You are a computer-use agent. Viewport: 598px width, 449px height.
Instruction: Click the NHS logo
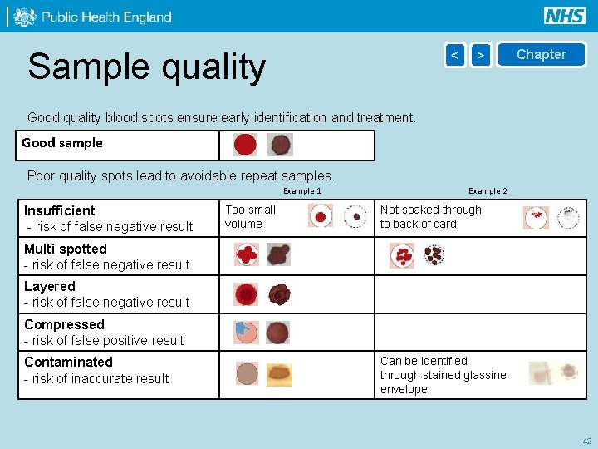pos(565,16)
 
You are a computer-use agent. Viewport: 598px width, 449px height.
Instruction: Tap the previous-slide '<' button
pos(454,55)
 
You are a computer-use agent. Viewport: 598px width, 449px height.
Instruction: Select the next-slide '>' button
pos(481,55)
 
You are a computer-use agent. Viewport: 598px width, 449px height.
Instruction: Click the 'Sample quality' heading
pos(146,67)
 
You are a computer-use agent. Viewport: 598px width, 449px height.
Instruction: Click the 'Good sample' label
pos(62,143)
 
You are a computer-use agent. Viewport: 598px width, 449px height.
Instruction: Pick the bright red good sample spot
pos(245,146)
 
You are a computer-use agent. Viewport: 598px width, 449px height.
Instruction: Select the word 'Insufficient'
pos(60,210)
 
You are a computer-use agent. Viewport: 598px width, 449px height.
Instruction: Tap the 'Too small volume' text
pos(250,216)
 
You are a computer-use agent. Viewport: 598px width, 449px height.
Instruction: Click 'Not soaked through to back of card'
pos(430,216)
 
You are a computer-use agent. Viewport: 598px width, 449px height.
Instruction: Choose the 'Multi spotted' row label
pos(66,249)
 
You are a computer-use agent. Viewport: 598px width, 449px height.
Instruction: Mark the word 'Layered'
pos(50,286)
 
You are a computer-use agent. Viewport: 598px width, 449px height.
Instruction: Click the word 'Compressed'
pos(64,324)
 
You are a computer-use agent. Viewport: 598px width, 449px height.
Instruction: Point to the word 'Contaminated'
pos(68,362)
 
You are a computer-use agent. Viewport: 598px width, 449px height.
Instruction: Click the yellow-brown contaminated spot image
pos(279,374)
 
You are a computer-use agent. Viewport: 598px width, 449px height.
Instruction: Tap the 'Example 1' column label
pos(302,191)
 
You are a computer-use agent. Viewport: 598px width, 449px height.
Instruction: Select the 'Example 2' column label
pos(488,191)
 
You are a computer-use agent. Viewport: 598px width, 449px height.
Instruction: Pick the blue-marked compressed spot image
pos(246,332)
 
